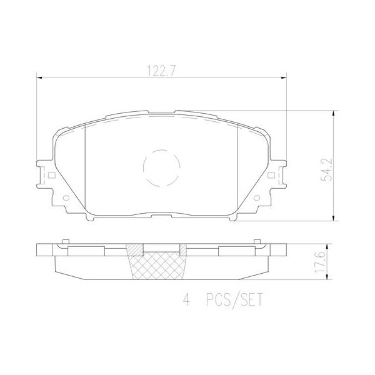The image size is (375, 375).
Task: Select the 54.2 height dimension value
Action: pyautogui.click(x=326, y=169)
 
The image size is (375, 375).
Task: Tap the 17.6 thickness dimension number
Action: pyautogui.click(x=326, y=261)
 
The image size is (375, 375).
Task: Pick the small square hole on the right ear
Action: pyautogui.click(x=272, y=176)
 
